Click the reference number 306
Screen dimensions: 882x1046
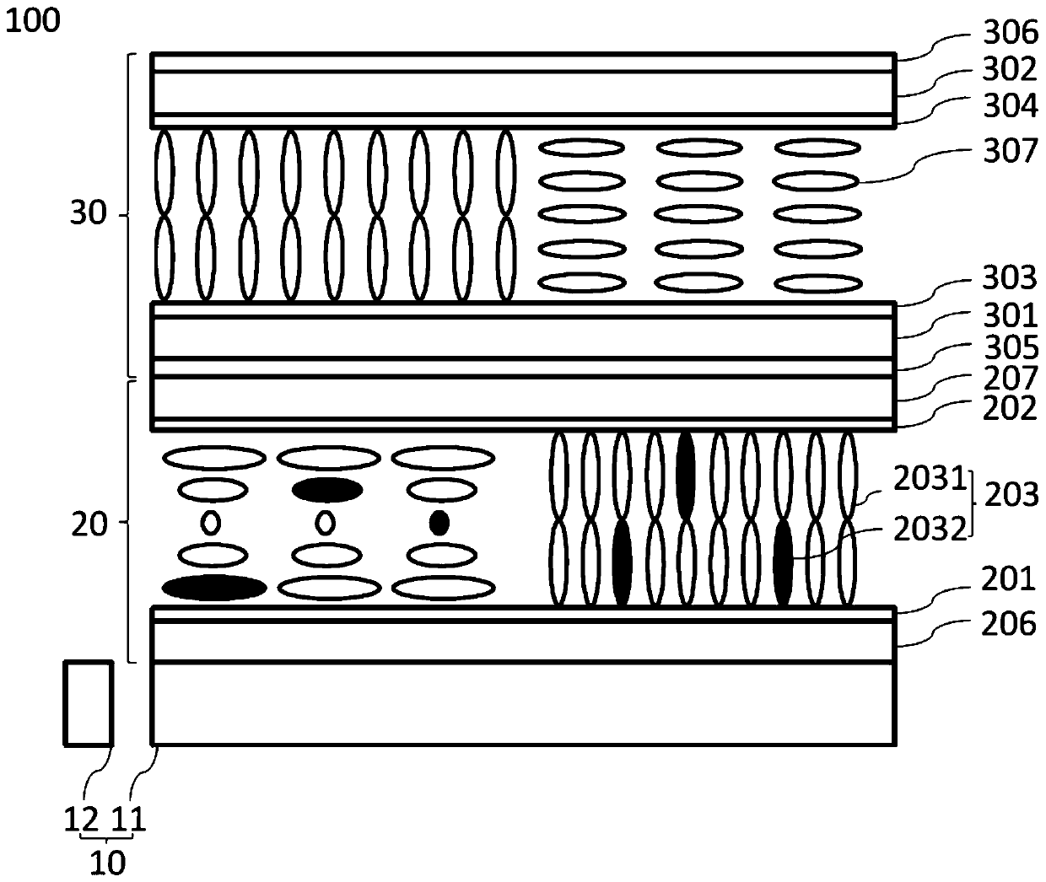click(1010, 33)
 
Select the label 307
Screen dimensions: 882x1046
click(1010, 152)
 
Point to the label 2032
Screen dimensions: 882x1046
click(930, 530)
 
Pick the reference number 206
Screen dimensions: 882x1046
click(1010, 625)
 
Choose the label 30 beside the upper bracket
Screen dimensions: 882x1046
click(88, 215)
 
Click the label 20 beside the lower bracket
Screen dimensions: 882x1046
click(88, 524)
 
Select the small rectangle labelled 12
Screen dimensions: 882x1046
click(89, 703)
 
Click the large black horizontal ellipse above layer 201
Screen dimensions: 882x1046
click(214, 588)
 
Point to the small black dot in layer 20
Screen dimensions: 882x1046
click(439, 523)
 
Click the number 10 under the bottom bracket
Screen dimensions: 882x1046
click(108, 863)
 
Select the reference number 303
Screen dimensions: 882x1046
click(1010, 277)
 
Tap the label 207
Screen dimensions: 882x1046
click(1010, 378)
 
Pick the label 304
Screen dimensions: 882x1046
click(1010, 105)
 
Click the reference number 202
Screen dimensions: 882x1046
click(1010, 409)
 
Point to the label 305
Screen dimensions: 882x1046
click(1010, 347)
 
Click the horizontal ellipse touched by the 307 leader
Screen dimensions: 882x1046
click(816, 180)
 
